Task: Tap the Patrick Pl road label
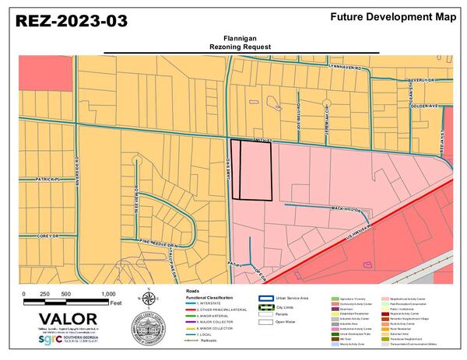[47, 180]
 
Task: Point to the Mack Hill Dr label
[348, 209]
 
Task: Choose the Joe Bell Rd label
[298, 119]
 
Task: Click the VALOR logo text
[68, 319]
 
